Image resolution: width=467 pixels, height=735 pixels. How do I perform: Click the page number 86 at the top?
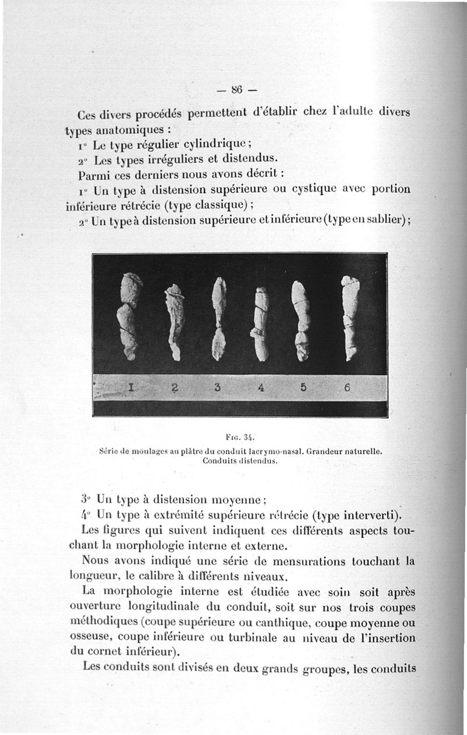click(236, 90)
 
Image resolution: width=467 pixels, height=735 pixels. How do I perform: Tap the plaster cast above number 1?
click(128, 315)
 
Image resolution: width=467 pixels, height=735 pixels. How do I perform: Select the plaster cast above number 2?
click(175, 321)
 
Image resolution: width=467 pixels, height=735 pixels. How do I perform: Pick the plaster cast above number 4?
click(261, 324)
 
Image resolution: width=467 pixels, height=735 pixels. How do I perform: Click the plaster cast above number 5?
click(301, 321)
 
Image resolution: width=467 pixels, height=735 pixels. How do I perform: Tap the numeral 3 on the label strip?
click(217, 388)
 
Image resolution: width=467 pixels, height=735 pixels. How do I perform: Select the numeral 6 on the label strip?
click(346, 388)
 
